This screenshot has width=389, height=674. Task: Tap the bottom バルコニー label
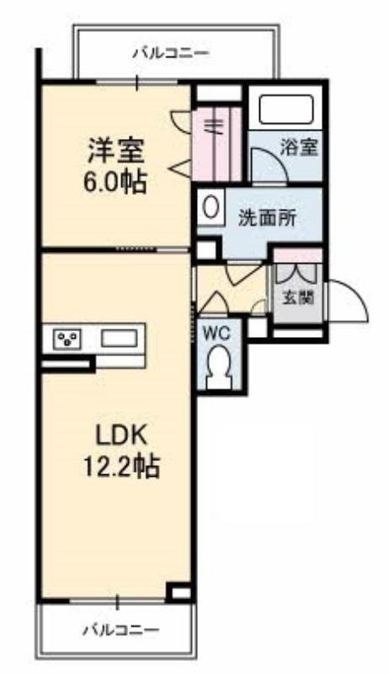120,629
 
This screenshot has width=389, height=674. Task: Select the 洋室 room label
116,151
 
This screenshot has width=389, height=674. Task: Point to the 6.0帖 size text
116,181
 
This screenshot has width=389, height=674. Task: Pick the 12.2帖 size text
120,465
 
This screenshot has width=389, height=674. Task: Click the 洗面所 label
267,217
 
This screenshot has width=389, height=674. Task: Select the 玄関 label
295,297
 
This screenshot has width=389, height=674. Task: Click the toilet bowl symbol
219,366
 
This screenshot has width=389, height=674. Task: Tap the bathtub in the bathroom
286,110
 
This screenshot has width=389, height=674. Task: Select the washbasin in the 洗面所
211,207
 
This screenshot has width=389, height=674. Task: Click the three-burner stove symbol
67,339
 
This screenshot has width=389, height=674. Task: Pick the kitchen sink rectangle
119,339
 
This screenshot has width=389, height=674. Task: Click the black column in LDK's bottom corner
179,591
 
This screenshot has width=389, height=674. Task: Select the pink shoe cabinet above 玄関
296,255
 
